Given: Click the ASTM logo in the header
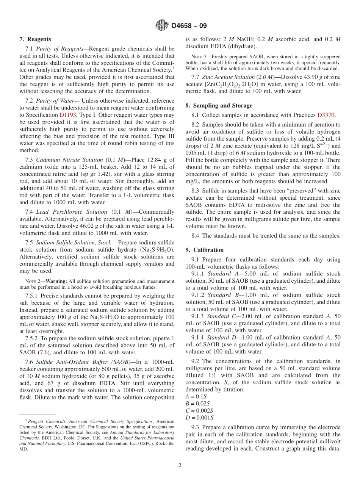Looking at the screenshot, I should pos(162,26).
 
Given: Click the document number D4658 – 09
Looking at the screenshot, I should pos(189,26).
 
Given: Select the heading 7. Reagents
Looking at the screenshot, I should pos(35,39).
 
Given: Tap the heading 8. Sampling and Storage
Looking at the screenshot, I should pos(219,105).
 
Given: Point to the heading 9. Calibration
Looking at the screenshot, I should pos(205,250).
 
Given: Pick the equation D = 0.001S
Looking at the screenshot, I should pos(199,418).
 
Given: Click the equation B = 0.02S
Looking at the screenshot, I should pos(197,404).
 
